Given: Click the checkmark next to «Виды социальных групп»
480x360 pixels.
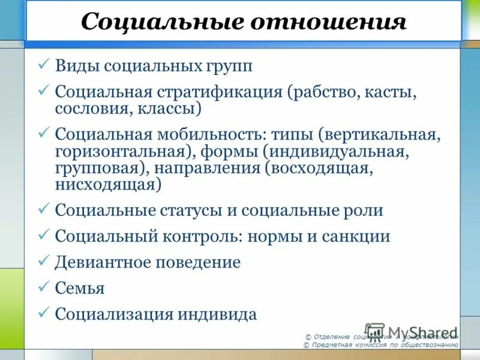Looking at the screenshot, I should (44, 64).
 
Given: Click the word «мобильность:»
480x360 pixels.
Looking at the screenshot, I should (208, 135).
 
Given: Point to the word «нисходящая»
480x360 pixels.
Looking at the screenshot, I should (108, 185).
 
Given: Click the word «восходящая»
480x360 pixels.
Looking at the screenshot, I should (320, 169).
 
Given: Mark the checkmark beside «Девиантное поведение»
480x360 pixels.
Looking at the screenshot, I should (44, 260).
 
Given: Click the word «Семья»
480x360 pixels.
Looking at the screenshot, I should (80, 289).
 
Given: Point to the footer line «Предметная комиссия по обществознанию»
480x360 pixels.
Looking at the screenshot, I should (384, 346).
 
